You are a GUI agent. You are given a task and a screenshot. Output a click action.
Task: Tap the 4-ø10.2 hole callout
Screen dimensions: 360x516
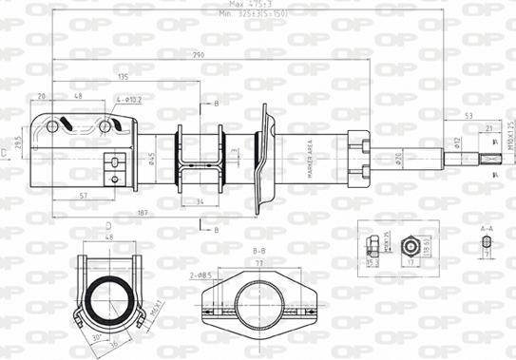click(129, 98)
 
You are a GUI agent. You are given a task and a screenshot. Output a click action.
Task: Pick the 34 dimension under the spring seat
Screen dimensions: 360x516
click(201, 201)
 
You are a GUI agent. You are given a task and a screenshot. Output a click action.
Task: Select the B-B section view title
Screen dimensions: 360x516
click(258, 251)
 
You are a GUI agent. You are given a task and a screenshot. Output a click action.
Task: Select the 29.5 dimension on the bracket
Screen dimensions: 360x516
click(17, 141)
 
